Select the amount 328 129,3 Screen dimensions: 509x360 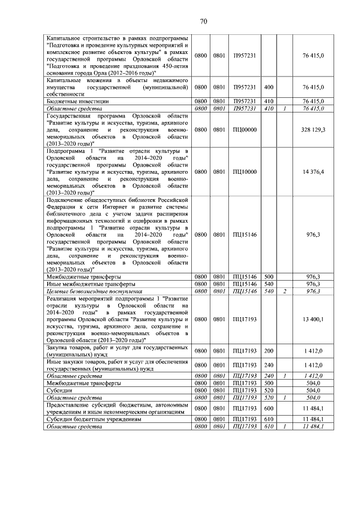313,129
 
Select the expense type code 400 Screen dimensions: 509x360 268,87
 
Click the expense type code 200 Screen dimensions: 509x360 268,351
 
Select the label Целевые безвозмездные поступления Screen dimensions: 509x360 87,291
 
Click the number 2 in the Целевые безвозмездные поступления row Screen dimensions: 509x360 285,291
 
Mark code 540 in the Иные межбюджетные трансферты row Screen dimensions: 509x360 268,284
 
